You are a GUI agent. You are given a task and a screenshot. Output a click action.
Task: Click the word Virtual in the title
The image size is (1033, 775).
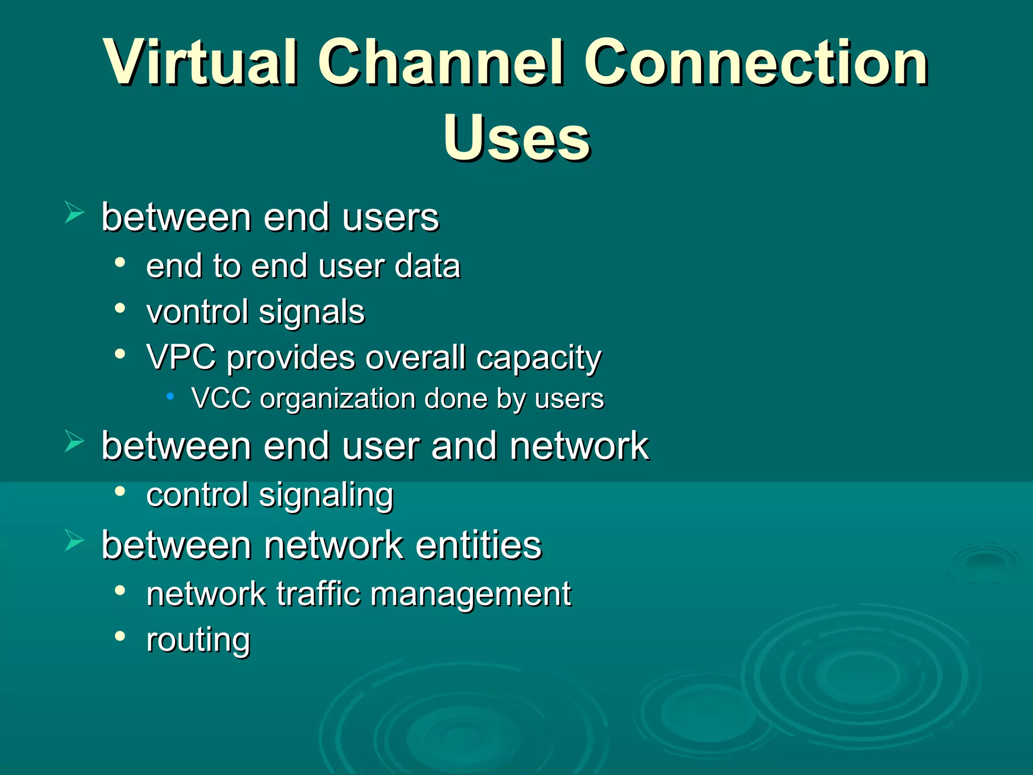[x=202, y=63]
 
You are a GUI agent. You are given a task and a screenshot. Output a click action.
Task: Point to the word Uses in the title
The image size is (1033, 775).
[x=516, y=138]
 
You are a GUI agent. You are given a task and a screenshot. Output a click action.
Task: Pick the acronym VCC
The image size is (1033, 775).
[x=221, y=399]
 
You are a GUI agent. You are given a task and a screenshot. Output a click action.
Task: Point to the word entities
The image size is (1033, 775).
[x=479, y=545]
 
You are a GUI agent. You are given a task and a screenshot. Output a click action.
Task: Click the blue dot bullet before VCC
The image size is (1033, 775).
[x=170, y=397]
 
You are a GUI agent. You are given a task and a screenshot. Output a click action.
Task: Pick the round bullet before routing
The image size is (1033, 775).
[x=120, y=636]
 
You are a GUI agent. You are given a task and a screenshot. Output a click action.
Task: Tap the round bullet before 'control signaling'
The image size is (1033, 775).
[x=120, y=491]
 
